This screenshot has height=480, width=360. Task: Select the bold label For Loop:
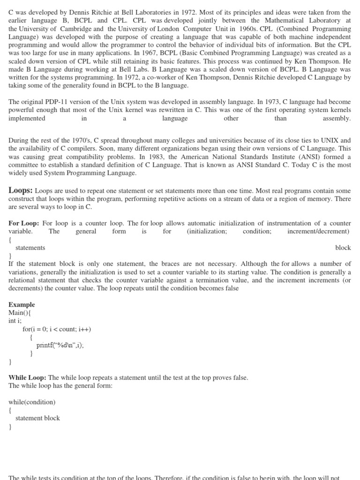pos(24,223)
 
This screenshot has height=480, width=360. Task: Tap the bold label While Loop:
pos(27,377)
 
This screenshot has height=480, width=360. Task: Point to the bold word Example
pos(22,304)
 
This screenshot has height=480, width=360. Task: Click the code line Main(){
pos(20,313)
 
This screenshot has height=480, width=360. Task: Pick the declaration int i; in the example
pos(15,321)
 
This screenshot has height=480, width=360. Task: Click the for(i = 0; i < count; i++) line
pos(57,329)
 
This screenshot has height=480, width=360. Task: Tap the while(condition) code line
pos(32,402)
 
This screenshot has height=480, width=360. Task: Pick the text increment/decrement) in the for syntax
pos(318,231)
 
